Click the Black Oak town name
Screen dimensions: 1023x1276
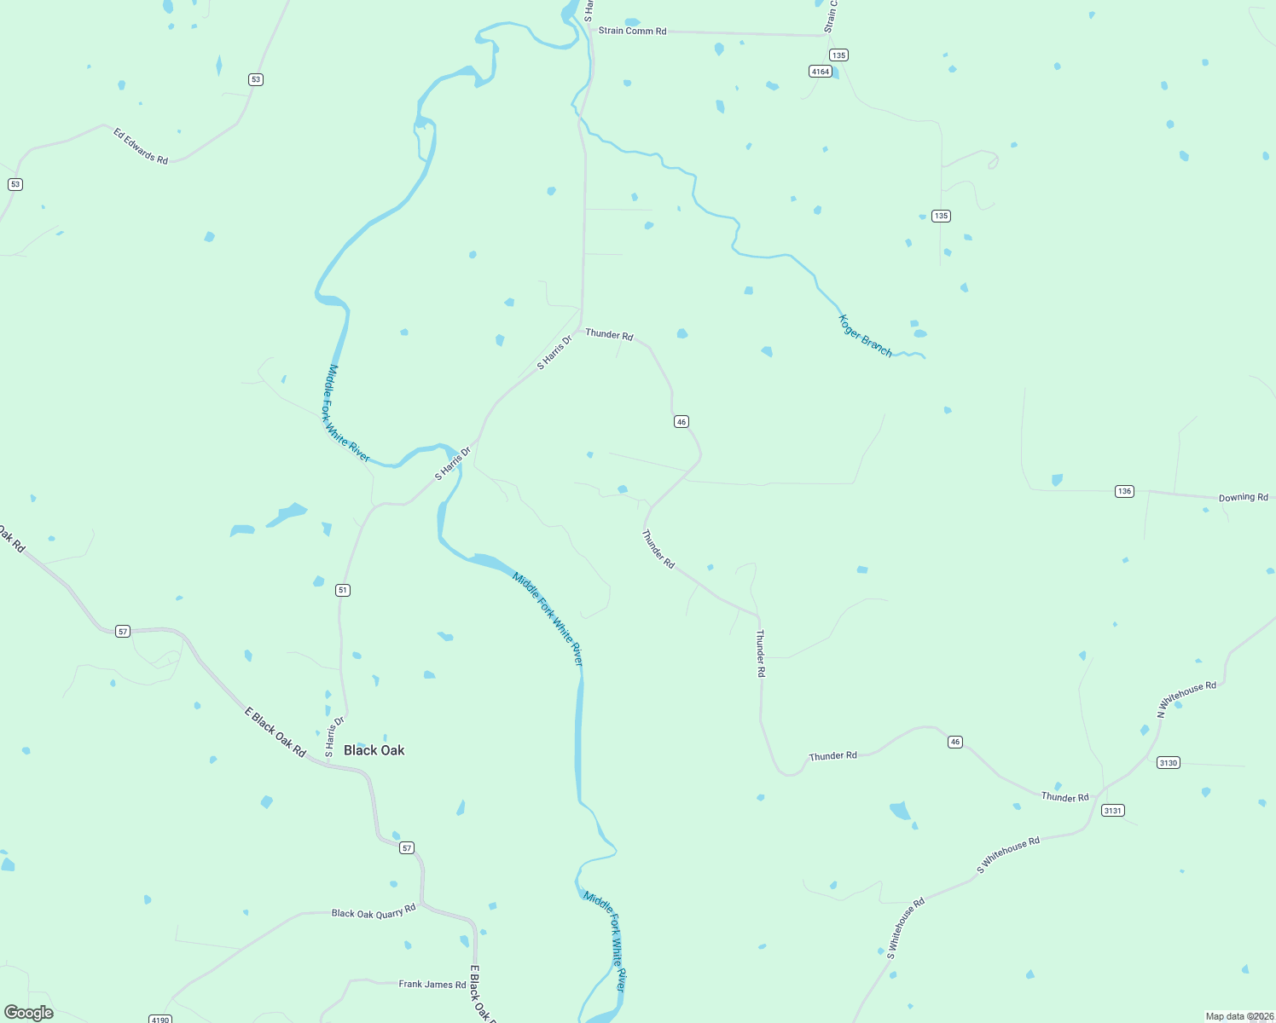[x=374, y=750]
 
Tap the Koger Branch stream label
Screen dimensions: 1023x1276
[x=865, y=336]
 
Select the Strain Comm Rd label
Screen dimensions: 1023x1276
[x=632, y=31]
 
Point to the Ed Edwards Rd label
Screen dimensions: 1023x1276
[x=141, y=146]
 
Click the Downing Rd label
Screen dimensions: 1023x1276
[x=1243, y=497]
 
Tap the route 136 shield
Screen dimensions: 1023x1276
[x=1124, y=491]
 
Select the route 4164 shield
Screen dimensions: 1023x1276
[x=821, y=72]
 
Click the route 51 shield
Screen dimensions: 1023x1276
[x=343, y=590]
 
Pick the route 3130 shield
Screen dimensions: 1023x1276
[x=1169, y=762]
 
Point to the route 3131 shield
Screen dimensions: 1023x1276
[x=1113, y=810]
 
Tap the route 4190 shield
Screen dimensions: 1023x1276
[x=159, y=1019]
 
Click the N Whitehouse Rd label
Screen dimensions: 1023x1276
[x=1186, y=699]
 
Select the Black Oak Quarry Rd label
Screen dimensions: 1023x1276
[x=374, y=912]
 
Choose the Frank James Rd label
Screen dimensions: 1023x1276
[x=432, y=984]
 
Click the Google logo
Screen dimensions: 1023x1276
[x=29, y=1013]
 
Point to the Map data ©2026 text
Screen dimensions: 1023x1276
[x=1238, y=1016]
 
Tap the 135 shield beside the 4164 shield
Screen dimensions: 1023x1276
[x=838, y=55]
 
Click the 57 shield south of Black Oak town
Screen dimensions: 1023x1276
[x=407, y=847]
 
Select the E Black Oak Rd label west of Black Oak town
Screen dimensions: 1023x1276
[x=275, y=732]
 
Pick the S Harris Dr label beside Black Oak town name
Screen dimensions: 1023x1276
[x=334, y=737]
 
